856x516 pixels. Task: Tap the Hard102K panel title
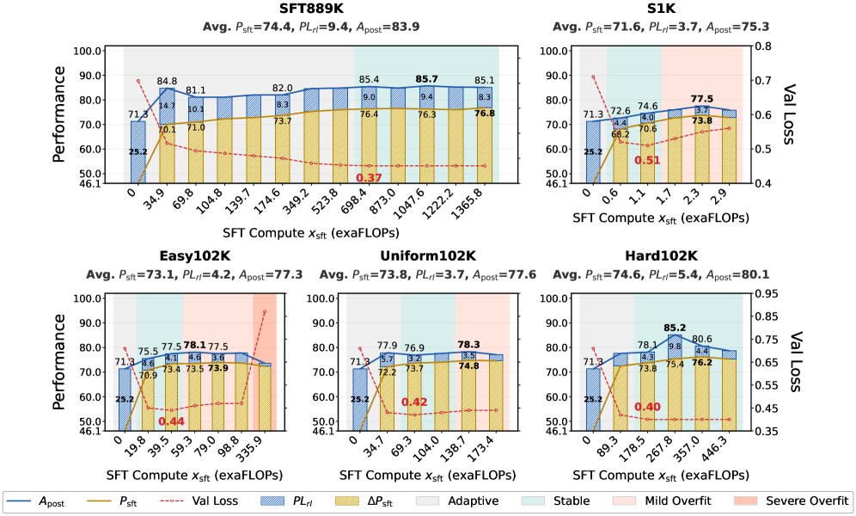661,257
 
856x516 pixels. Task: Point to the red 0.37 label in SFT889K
370,177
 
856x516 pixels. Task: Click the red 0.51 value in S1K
647,160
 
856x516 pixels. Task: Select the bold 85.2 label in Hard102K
675,327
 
